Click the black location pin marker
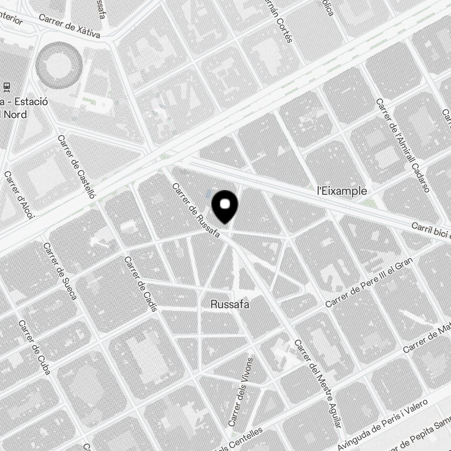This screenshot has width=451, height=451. point(225,206)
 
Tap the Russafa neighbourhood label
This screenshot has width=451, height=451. point(230,305)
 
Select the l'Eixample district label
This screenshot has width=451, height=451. point(342,191)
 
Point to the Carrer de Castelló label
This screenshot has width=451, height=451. point(77,167)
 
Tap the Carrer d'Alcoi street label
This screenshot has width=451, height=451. point(19,194)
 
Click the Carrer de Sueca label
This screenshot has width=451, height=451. point(60,271)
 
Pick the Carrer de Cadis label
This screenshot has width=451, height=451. point(141,284)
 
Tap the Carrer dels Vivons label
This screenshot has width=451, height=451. point(240,391)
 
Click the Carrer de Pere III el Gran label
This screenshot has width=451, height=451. point(369,283)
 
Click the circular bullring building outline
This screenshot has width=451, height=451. point(59,64)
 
